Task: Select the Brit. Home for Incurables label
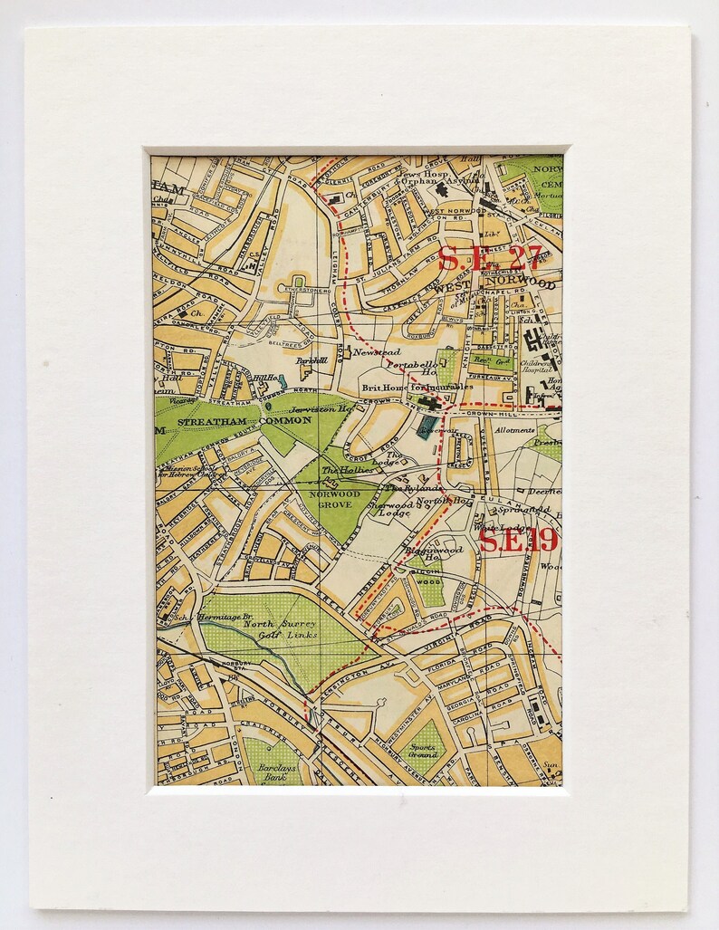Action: click(x=417, y=388)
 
